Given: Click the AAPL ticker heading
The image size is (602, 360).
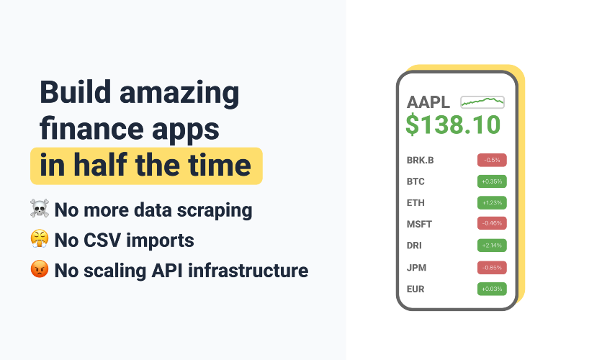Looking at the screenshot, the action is click(x=428, y=102).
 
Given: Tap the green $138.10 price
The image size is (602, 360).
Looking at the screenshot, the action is click(x=453, y=125).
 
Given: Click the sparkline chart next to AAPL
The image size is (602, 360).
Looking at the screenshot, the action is click(x=482, y=102).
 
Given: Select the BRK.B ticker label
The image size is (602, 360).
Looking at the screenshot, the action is click(x=420, y=160).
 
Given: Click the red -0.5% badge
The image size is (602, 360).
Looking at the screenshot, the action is click(x=492, y=160).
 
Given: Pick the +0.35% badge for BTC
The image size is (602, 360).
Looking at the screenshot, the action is click(x=492, y=181).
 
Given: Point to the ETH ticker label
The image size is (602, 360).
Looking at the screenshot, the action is click(x=415, y=202).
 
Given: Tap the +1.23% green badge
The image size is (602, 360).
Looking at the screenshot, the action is click(x=492, y=202).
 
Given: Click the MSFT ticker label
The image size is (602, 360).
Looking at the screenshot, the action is click(x=419, y=224).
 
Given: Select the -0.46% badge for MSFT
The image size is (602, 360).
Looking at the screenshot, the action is click(x=492, y=223).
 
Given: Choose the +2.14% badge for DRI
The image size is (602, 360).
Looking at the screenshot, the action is click(x=492, y=246).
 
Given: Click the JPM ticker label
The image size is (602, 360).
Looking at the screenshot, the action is click(x=416, y=268).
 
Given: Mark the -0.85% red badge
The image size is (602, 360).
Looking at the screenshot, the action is click(x=492, y=268).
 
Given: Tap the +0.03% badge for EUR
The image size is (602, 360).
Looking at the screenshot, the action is click(x=492, y=289).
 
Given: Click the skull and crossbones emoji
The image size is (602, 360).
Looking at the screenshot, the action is click(x=40, y=208).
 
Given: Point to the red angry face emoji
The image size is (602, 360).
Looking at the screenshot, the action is click(x=40, y=269).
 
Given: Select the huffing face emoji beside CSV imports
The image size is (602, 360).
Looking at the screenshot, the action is click(x=40, y=239).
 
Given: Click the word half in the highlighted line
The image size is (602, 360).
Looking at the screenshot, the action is click(x=100, y=165).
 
